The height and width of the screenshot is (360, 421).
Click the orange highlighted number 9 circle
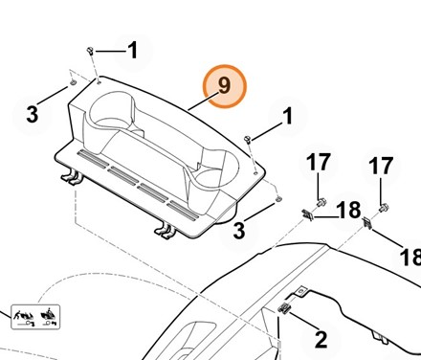225,86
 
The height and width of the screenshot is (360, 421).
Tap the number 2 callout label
321,340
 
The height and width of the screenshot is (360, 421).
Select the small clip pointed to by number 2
283,307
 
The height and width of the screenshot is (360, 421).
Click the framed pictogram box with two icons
35,317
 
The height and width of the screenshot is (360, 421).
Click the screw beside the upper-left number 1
90,51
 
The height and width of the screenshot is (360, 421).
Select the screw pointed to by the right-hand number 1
248,139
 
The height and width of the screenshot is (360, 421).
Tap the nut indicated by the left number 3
73,82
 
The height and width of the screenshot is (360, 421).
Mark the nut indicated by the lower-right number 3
278,199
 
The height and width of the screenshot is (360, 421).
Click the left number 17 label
319,162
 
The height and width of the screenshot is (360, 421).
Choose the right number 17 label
381,166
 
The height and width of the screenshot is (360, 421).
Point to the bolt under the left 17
321,202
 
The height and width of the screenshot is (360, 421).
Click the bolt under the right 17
384,208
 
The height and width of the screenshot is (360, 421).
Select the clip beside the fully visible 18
307,214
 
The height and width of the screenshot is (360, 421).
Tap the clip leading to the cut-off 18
367,222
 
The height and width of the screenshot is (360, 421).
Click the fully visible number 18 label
348,210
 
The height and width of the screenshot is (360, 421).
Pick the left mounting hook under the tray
72,177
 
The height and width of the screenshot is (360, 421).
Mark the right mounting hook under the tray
166,232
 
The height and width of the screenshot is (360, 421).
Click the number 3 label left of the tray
32,115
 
